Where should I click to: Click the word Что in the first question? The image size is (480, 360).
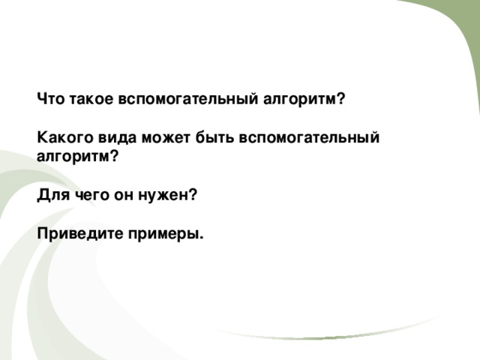50,98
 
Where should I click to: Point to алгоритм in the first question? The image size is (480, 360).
300,98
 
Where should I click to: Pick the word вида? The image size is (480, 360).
115,138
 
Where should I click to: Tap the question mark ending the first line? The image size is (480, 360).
340,98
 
